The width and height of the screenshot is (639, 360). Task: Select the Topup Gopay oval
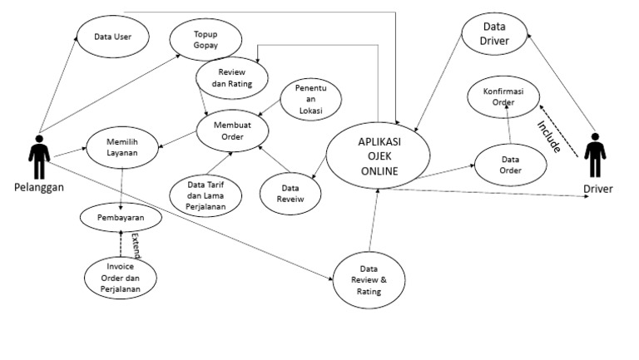206,39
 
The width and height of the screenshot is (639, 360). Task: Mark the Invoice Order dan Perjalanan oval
121,278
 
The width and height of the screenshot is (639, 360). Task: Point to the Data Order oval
510,165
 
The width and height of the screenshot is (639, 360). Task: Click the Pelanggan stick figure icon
39,155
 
